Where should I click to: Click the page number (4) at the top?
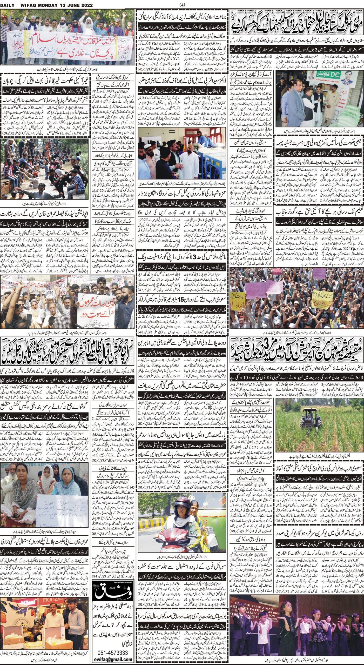tap(182, 4)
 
